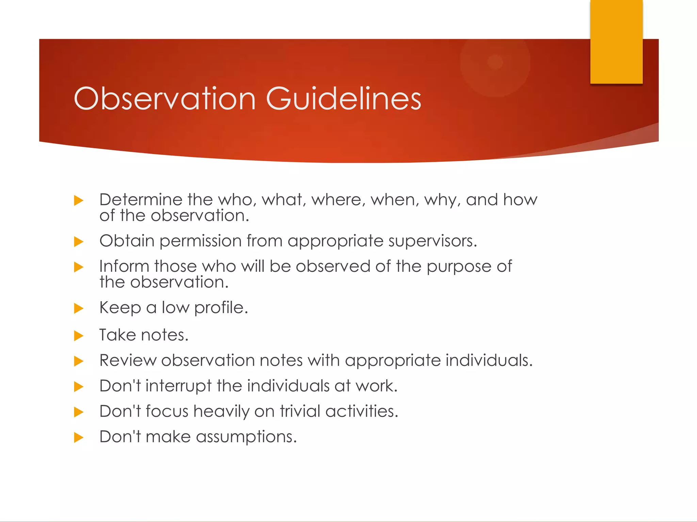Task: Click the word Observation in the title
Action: coord(164,99)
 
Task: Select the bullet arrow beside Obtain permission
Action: coord(79,242)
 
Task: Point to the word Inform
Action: coord(124,266)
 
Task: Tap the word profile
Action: coord(221,308)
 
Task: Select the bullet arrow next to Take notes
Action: coord(79,336)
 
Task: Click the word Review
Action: coord(128,360)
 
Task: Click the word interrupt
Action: coord(178,386)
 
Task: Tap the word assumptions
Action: coord(246,437)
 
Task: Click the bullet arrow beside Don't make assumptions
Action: coord(79,437)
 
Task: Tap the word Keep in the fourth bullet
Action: coord(120,308)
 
